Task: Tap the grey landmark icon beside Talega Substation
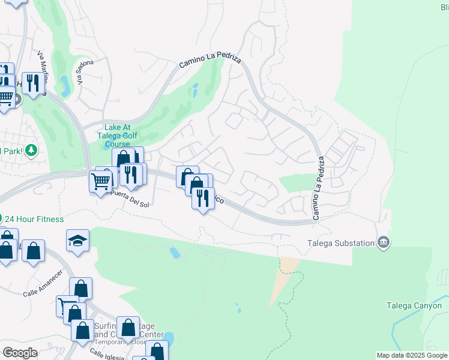coord(384,242)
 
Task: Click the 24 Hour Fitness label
coord(34,219)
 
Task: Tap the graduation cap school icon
coord(78,241)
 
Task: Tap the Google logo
coord(20,353)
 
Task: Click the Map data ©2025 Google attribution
coord(412,355)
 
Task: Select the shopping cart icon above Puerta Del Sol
coord(101,181)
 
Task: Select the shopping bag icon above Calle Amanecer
coord(34,251)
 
